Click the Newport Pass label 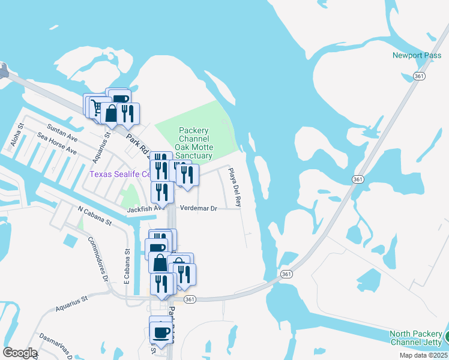[412, 55]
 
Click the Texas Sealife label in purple [119, 174]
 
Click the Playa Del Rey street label [234, 188]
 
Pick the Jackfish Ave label [145, 209]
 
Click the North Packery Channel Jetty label [415, 338]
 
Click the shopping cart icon [96, 107]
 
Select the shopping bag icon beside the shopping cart [111, 113]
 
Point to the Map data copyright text [421, 355]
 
